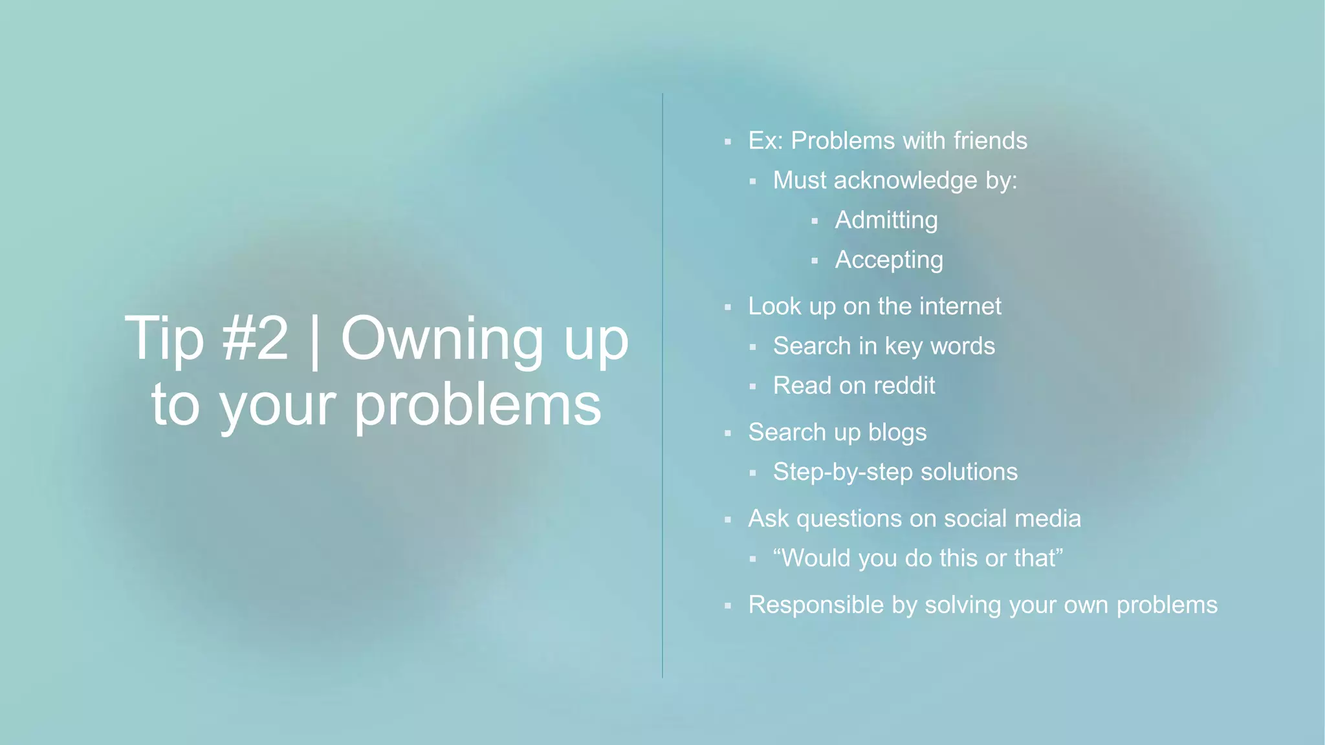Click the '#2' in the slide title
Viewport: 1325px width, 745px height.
pyautogui.click(x=255, y=339)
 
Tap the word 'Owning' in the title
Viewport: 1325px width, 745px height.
pyautogui.click(x=442, y=339)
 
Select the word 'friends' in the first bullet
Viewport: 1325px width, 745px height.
pyautogui.click(x=990, y=140)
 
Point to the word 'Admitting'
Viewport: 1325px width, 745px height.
pyautogui.click(x=886, y=220)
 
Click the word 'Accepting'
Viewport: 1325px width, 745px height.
pyautogui.click(x=889, y=260)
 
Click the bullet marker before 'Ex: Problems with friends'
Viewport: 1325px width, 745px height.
pyautogui.click(x=728, y=142)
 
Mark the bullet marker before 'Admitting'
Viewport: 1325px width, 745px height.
pyautogui.click(x=815, y=221)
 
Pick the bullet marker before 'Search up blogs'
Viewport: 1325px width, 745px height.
pyautogui.click(x=728, y=433)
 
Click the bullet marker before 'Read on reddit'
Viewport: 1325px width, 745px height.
pyautogui.click(x=752, y=387)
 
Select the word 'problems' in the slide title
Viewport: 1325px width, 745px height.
pyautogui.click(x=477, y=405)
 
